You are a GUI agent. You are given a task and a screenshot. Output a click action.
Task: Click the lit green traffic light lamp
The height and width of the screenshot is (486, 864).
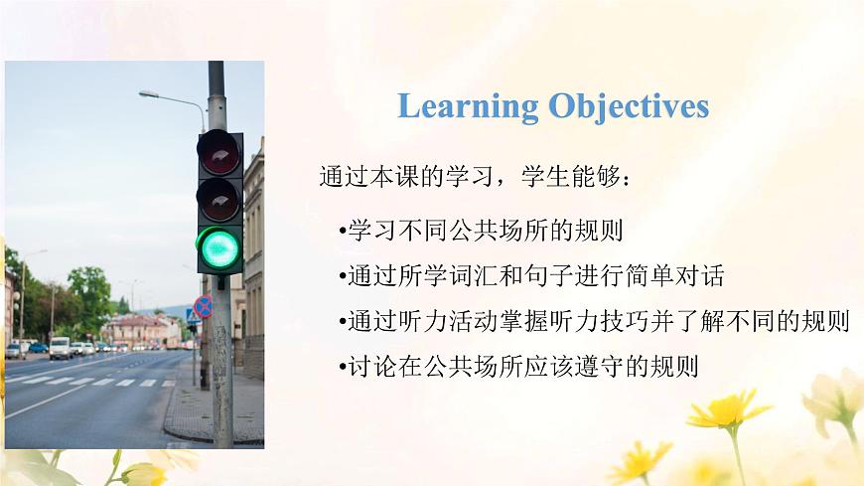(219, 248)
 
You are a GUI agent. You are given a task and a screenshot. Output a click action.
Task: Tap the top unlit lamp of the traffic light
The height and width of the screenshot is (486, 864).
(219, 152)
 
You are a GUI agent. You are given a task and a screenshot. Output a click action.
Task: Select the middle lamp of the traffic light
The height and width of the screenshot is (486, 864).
(219, 199)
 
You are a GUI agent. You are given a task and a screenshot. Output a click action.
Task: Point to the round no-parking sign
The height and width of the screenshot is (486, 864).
(203, 307)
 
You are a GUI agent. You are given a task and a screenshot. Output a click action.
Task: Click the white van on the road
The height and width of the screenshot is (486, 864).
(61, 348)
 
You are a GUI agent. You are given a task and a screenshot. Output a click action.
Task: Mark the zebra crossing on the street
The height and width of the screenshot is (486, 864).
(89, 381)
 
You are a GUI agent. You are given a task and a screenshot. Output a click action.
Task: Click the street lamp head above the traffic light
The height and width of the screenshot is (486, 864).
(149, 94)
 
